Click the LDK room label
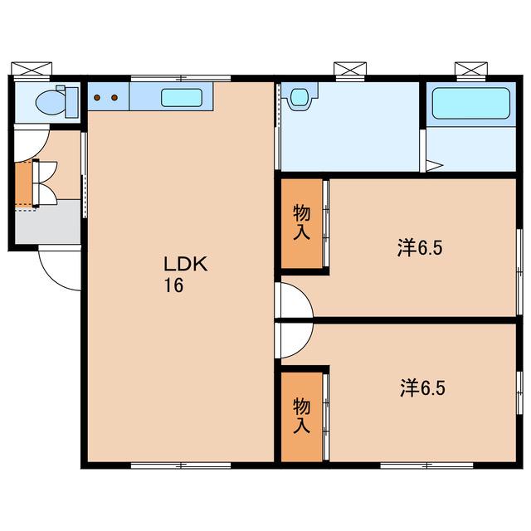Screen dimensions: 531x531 point(186,264)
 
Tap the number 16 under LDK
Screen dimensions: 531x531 point(173,285)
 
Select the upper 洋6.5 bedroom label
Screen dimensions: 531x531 point(420,248)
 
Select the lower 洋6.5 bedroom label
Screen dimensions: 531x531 point(422,387)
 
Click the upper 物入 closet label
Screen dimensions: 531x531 point(301,222)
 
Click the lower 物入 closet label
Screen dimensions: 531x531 point(301,416)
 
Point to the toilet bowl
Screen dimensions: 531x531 point(50,102)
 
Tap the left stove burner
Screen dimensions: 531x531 point(98,98)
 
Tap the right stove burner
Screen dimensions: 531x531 point(114,98)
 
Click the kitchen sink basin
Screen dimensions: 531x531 point(182,98)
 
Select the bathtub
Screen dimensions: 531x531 point(471,103)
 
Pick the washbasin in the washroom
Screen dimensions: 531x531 point(299,96)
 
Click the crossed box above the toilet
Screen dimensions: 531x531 point(32,68)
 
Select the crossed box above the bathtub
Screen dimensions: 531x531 point(471,68)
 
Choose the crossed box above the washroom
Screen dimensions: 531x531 point(350,68)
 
